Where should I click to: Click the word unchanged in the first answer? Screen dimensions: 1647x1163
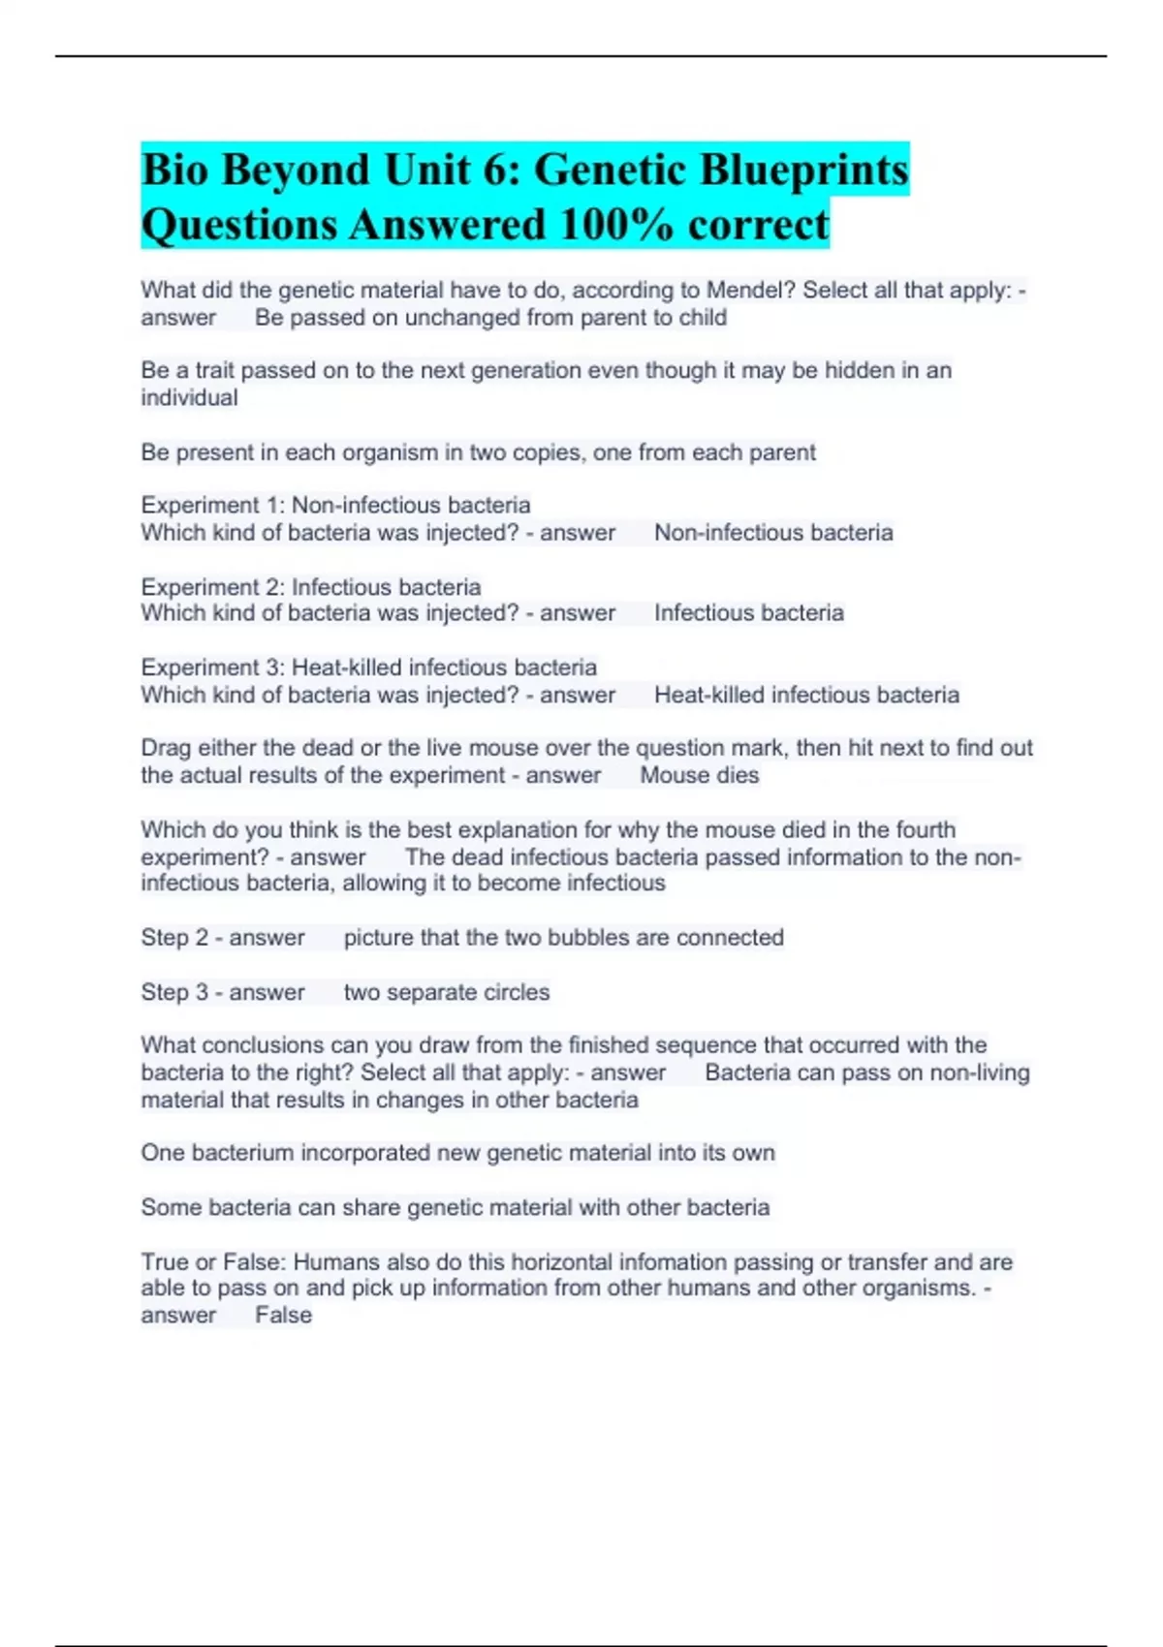462,318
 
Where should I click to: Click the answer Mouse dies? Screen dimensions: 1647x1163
699,775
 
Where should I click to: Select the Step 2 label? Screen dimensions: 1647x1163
174,938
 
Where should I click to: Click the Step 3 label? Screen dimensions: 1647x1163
174,992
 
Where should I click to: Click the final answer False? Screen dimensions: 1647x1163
283,1316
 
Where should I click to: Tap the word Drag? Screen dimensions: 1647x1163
166,748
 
